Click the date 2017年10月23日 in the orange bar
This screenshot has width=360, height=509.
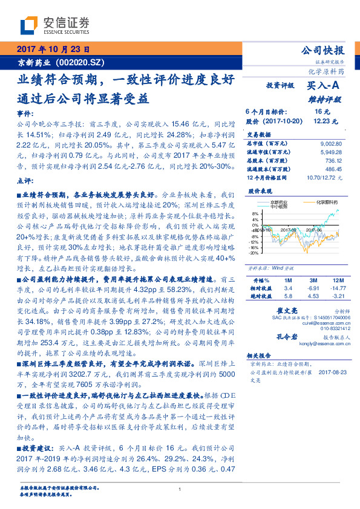tap(53, 50)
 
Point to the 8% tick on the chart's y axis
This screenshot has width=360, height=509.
tap(254, 213)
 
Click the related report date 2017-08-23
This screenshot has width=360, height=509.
tap(331, 373)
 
